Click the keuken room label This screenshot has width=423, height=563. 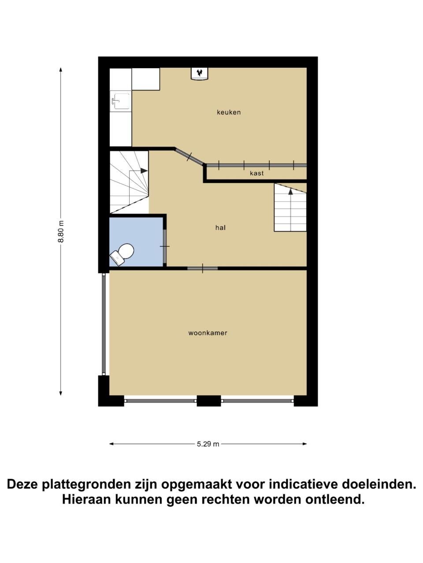pyautogui.click(x=229, y=112)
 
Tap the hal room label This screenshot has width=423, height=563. pyautogui.click(x=220, y=227)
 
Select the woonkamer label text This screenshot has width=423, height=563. pyautogui.click(x=208, y=333)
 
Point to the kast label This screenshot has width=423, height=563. pyautogui.click(x=256, y=173)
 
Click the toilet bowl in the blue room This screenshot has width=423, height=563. pyautogui.click(x=123, y=252)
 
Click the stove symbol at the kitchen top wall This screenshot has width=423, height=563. pyautogui.click(x=199, y=74)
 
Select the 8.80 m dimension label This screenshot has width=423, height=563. pyautogui.click(x=61, y=231)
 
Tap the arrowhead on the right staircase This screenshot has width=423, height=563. pyautogui.click(x=290, y=191)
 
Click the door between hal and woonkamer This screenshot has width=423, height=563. pyautogui.click(x=202, y=268)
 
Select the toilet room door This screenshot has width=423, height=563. pyautogui.click(x=165, y=246)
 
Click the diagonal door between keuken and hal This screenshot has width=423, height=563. pyautogui.click(x=189, y=156)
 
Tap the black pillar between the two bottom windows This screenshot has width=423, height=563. pyautogui.click(x=208, y=401)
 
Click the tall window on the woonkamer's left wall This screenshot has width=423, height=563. pyautogui.click(x=104, y=324)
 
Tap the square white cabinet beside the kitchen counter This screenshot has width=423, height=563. pyautogui.click(x=145, y=79)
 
